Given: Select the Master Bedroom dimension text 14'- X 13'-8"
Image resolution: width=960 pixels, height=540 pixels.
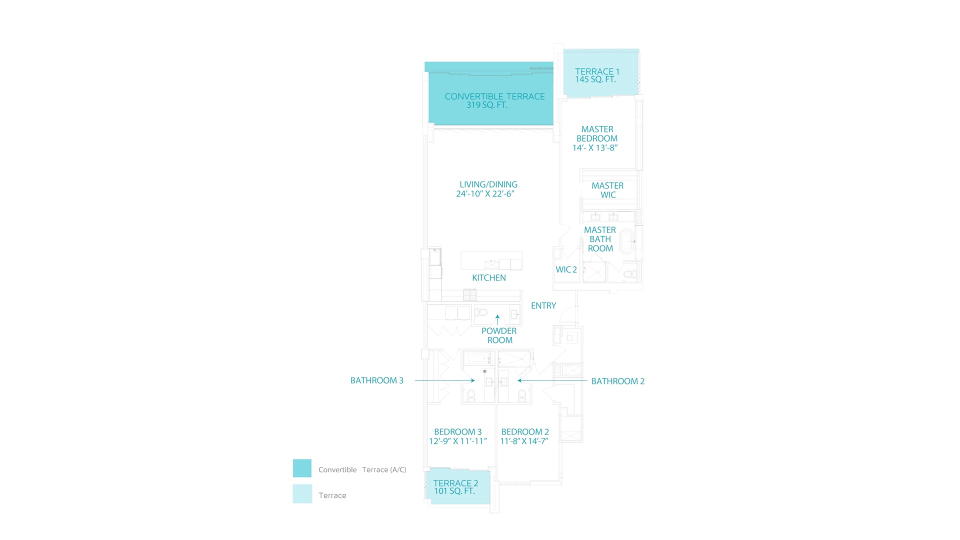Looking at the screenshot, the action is point(595,148).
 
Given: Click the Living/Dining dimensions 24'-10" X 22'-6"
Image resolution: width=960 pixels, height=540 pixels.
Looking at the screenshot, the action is point(485,194).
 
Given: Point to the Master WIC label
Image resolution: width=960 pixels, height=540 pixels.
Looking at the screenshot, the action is point(607,190).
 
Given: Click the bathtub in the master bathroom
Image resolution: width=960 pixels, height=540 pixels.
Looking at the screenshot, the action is point(626,241).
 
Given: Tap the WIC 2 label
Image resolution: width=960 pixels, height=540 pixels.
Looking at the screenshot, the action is point(566,269).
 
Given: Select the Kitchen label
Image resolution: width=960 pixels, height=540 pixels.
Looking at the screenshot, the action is point(489,278).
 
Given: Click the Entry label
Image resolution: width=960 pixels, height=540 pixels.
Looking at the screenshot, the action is point(543,305).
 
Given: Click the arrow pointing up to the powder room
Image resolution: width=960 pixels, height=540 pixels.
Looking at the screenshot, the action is point(497,319).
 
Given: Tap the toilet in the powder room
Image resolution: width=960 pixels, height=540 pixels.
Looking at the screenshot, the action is point(481,312).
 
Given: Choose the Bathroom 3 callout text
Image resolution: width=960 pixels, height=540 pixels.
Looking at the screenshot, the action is point(376,380).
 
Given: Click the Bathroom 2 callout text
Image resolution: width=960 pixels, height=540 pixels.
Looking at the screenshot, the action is point(617,381).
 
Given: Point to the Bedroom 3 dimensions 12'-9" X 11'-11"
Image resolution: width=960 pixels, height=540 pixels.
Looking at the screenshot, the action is point(457,441).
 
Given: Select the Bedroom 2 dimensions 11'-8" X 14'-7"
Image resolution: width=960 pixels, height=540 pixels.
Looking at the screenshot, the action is point(524,441).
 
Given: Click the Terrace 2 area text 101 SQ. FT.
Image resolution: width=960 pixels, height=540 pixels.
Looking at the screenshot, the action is point(454,491).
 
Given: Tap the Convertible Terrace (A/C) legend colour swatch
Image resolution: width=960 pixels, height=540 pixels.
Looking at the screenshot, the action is point(302,468).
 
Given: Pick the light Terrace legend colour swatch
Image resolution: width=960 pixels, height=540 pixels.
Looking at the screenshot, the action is point(302,493).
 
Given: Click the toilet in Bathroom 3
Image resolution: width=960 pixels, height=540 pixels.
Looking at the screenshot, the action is point(470,396).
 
